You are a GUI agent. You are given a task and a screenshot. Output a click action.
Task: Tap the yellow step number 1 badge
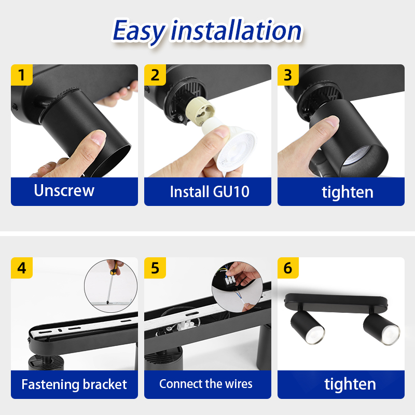(21, 75)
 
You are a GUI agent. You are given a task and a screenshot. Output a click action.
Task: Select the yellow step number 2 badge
(155, 75)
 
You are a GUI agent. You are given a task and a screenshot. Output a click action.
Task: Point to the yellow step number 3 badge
(288, 75)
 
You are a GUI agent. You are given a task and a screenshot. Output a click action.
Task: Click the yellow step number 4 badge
(21, 268)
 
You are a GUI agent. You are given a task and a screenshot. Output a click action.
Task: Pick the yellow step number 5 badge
(155, 268)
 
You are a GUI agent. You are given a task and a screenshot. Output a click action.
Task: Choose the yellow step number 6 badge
(288, 268)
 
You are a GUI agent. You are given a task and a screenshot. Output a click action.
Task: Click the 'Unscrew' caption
(64, 190)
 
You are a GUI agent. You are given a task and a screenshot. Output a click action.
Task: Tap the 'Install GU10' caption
(210, 191)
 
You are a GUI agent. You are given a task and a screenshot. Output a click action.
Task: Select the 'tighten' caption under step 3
(347, 192)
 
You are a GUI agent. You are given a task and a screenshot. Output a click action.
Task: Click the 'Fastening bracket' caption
(74, 384)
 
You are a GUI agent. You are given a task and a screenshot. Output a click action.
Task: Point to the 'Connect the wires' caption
(206, 384)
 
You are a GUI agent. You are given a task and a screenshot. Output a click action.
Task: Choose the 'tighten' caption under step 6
(350, 384)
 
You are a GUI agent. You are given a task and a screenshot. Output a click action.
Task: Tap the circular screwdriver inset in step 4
(110, 286)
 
